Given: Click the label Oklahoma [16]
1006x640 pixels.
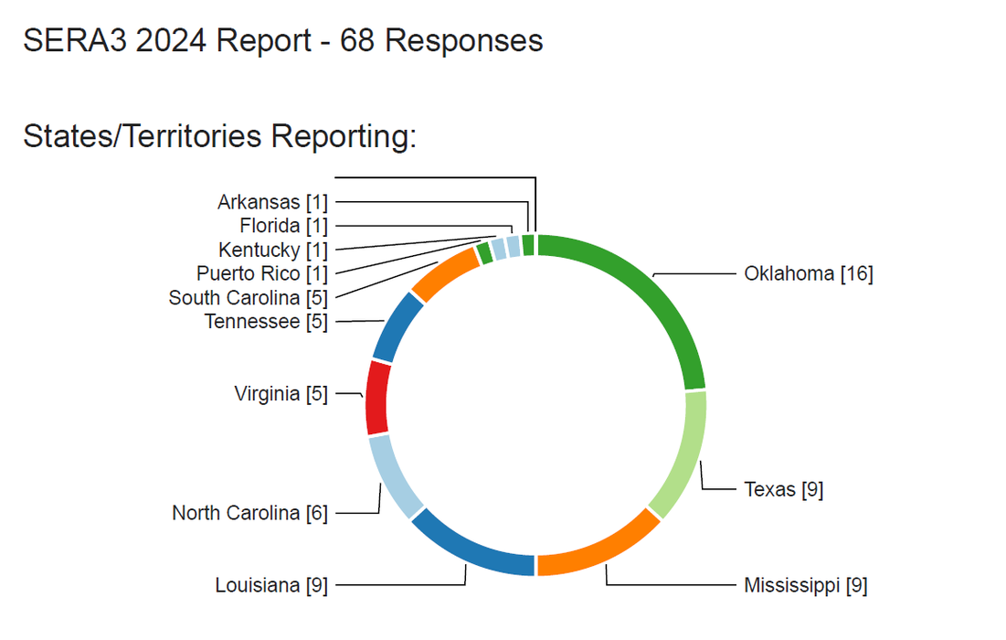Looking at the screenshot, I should [808, 273].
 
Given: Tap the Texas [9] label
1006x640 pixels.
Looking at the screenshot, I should [783, 489].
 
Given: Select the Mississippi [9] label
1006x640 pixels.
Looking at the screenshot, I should [805, 584].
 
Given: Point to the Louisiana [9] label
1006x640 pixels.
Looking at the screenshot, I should [271, 584].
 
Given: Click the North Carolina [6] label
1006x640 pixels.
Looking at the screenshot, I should [249, 513].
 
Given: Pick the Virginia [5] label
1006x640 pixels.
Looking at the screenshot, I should [281, 394].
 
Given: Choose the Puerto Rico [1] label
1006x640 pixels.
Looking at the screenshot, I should [261, 273].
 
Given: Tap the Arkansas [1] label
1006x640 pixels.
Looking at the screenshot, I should [272, 202].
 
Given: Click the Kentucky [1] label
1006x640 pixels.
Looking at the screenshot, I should [272, 250].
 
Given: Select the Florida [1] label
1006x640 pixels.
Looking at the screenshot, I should [283, 226].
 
